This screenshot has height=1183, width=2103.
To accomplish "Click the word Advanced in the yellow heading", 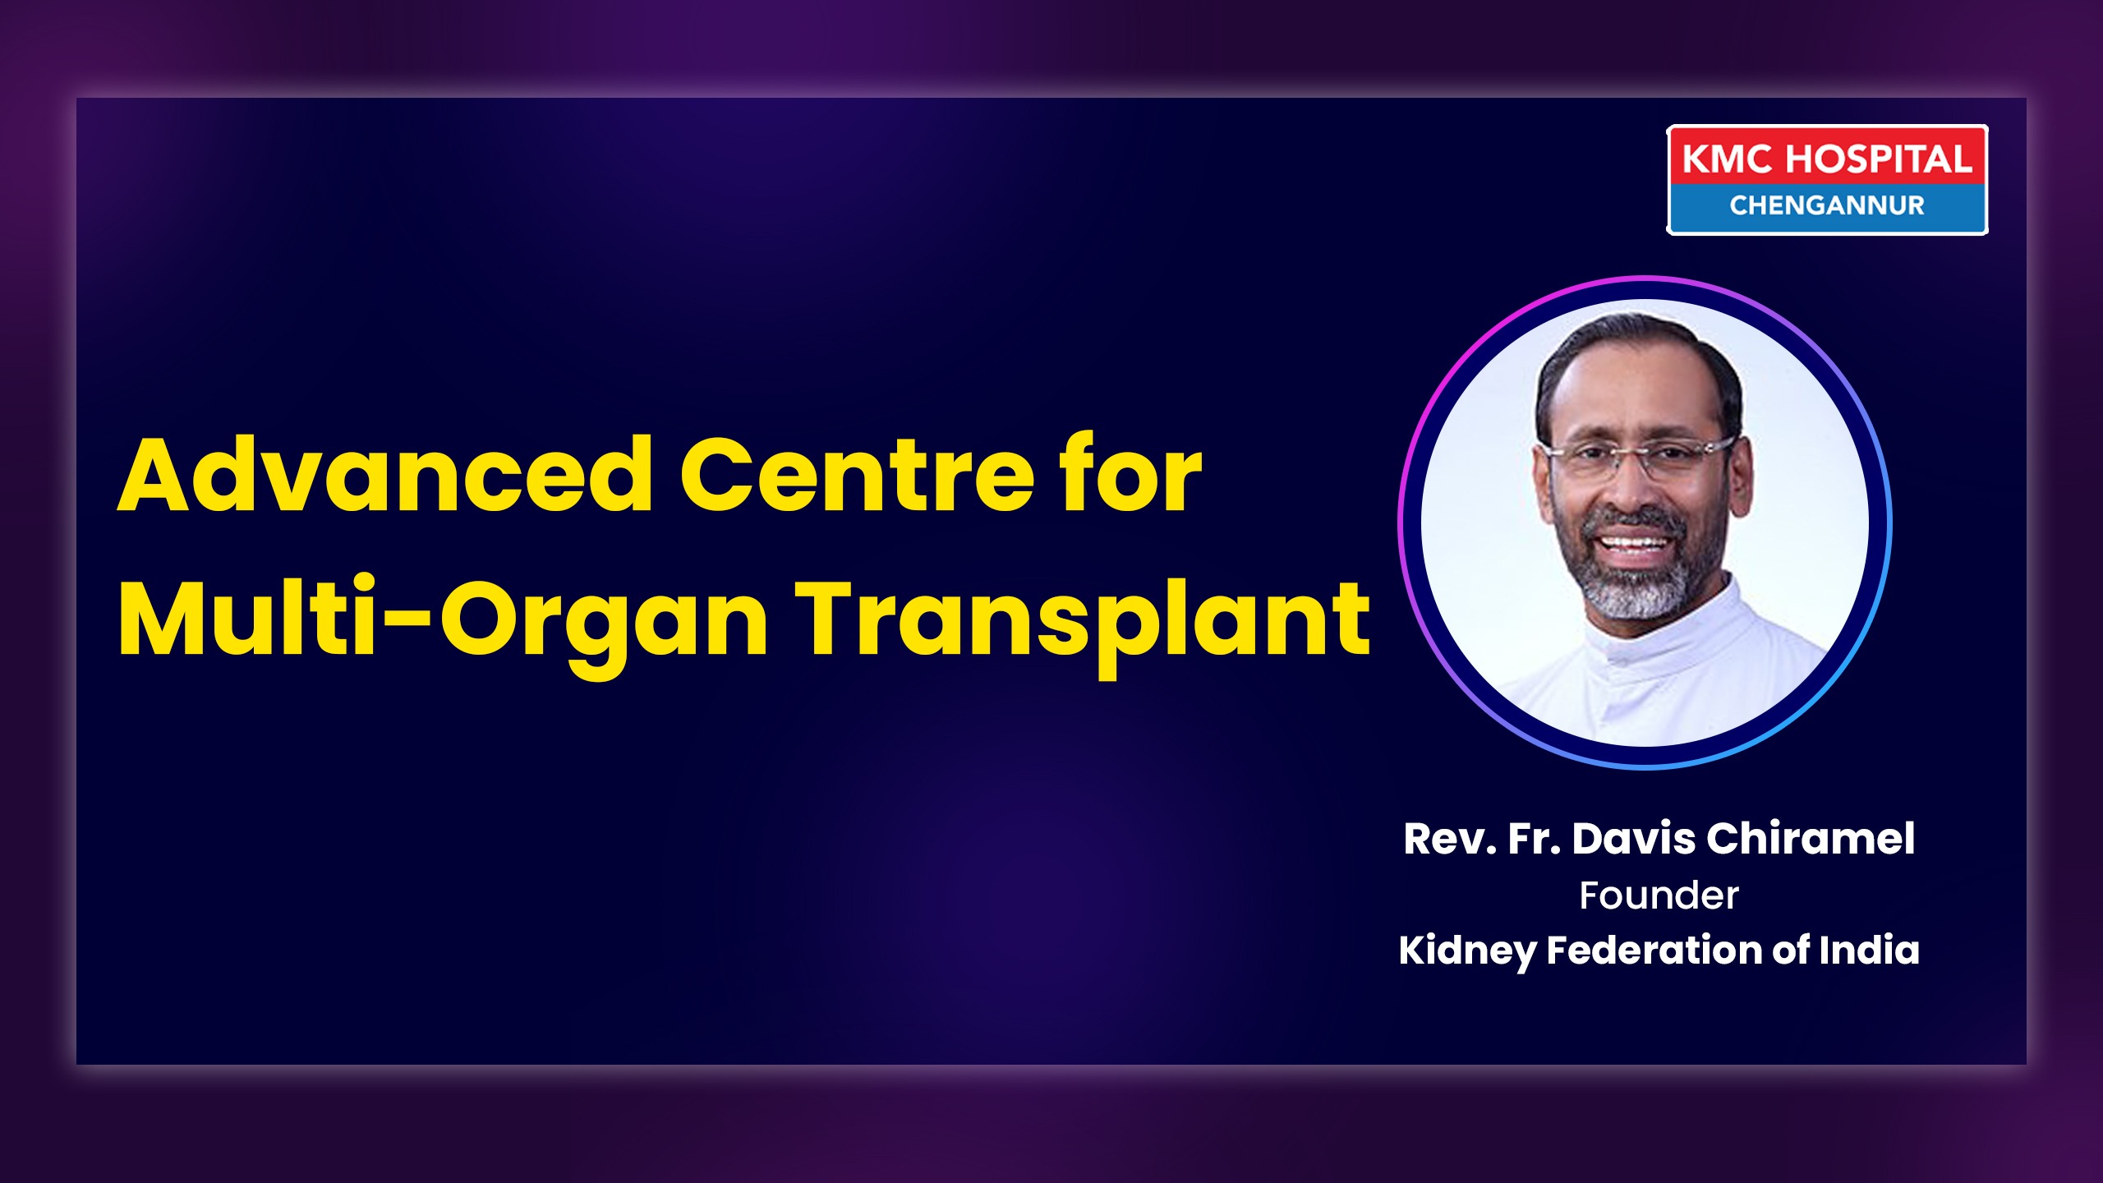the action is [x=385, y=475].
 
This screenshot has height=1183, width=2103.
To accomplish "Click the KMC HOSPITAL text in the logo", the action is [x=1827, y=159].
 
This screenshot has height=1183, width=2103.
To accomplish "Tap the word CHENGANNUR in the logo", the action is [x=1827, y=205].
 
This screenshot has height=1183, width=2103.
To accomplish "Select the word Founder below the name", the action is [x=1659, y=895].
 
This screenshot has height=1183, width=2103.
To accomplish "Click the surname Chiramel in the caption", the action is [x=1811, y=839].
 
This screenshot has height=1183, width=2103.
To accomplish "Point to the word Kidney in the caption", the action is [x=1467, y=951].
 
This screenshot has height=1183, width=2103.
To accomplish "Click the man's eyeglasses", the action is [x=1639, y=458].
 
